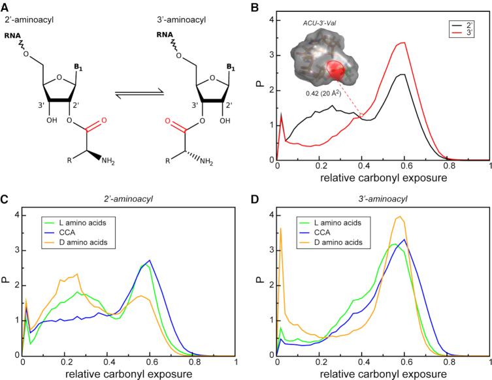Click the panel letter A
(5, 6)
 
